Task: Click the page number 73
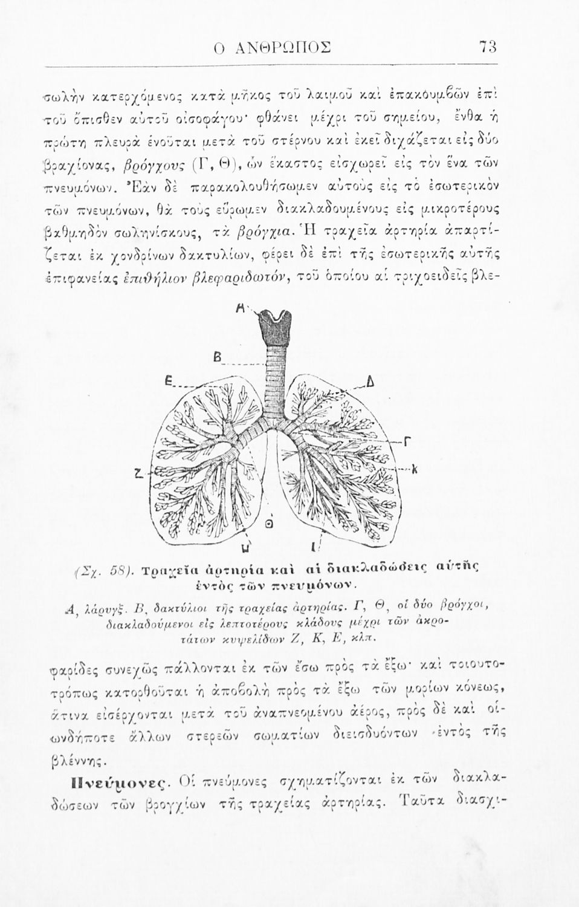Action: tap(487, 47)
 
